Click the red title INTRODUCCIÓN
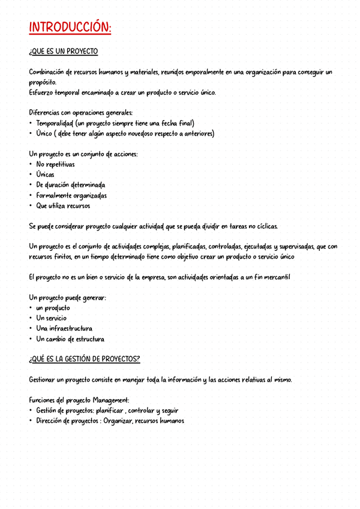point(70,28)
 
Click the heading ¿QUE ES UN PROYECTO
point(63,52)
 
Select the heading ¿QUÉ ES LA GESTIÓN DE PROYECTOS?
point(85,359)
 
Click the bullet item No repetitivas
point(55,164)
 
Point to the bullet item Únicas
point(45,175)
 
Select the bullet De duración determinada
point(70,185)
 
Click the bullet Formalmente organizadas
point(71,196)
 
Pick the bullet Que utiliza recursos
point(63,206)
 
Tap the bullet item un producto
point(53,308)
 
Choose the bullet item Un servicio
point(52,318)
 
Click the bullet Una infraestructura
point(64,328)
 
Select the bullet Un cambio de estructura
point(70,339)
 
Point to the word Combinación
point(49,72)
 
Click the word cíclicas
point(263,226)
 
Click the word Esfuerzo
point(41,92)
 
